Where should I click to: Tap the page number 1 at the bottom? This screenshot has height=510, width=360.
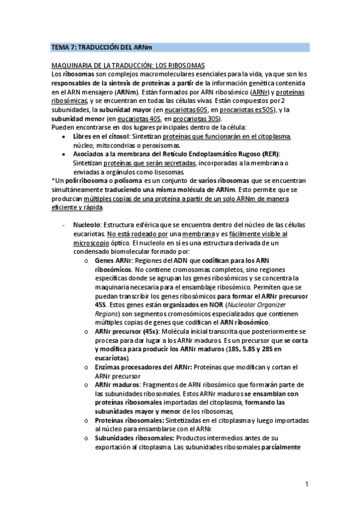click(x=307, y=484)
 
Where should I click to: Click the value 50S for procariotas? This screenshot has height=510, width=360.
click(x=267, y=110)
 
